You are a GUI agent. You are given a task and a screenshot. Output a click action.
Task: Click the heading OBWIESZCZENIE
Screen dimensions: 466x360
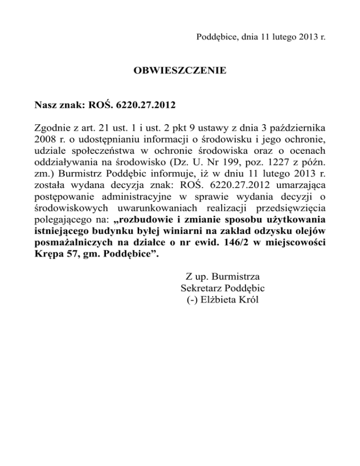tap(180, 71)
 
